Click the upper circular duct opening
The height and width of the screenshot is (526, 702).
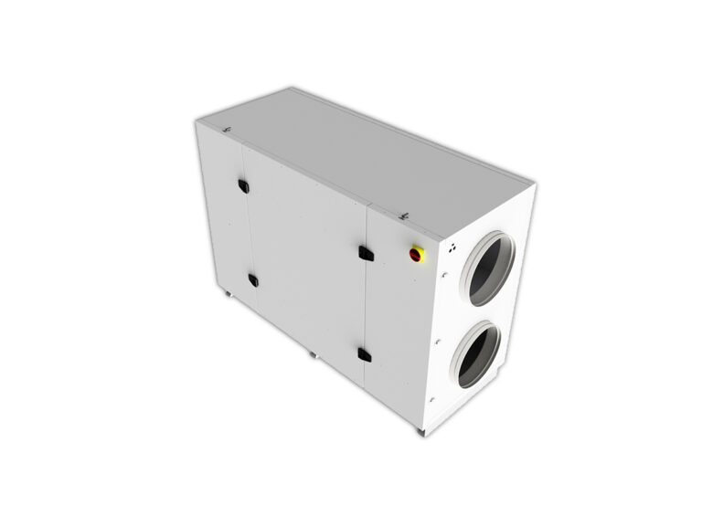point(486,268)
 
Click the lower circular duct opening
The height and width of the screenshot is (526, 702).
point(478,354)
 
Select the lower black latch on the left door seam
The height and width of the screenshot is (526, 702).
point(252,280)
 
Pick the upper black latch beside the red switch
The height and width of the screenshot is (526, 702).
point(364,252)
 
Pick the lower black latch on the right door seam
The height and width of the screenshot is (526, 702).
point(363,354)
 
